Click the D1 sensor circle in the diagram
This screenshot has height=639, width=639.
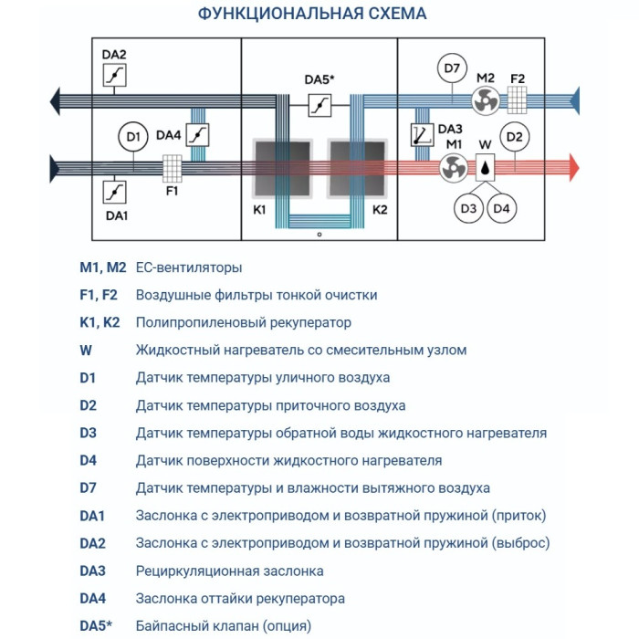click(x=133, y=138)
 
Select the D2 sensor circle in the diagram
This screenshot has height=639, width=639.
click(x=515, y=138)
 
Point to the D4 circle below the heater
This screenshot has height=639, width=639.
click(x=501, y=209)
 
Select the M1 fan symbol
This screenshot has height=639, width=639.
click(x=453, y=167)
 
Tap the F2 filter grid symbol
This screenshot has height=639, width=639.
click(x=518, y=98)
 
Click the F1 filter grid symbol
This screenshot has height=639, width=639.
click(x=172, y=167)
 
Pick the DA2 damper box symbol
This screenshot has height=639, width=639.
click(x=115, y=76)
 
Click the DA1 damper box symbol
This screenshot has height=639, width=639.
click(x=115, y=191)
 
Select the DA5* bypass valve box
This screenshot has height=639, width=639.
click(x=319, y=106)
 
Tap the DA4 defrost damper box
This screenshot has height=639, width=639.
click(x=197, y=134)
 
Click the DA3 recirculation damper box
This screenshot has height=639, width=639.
click(x=422, y=135)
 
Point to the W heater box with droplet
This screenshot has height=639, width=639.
click(x=485, y=167)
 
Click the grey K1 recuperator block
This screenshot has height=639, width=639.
click(x=279, y=169)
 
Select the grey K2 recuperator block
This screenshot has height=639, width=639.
click(x=357, y=169)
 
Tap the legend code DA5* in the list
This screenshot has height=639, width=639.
click(x=98, y=626)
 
